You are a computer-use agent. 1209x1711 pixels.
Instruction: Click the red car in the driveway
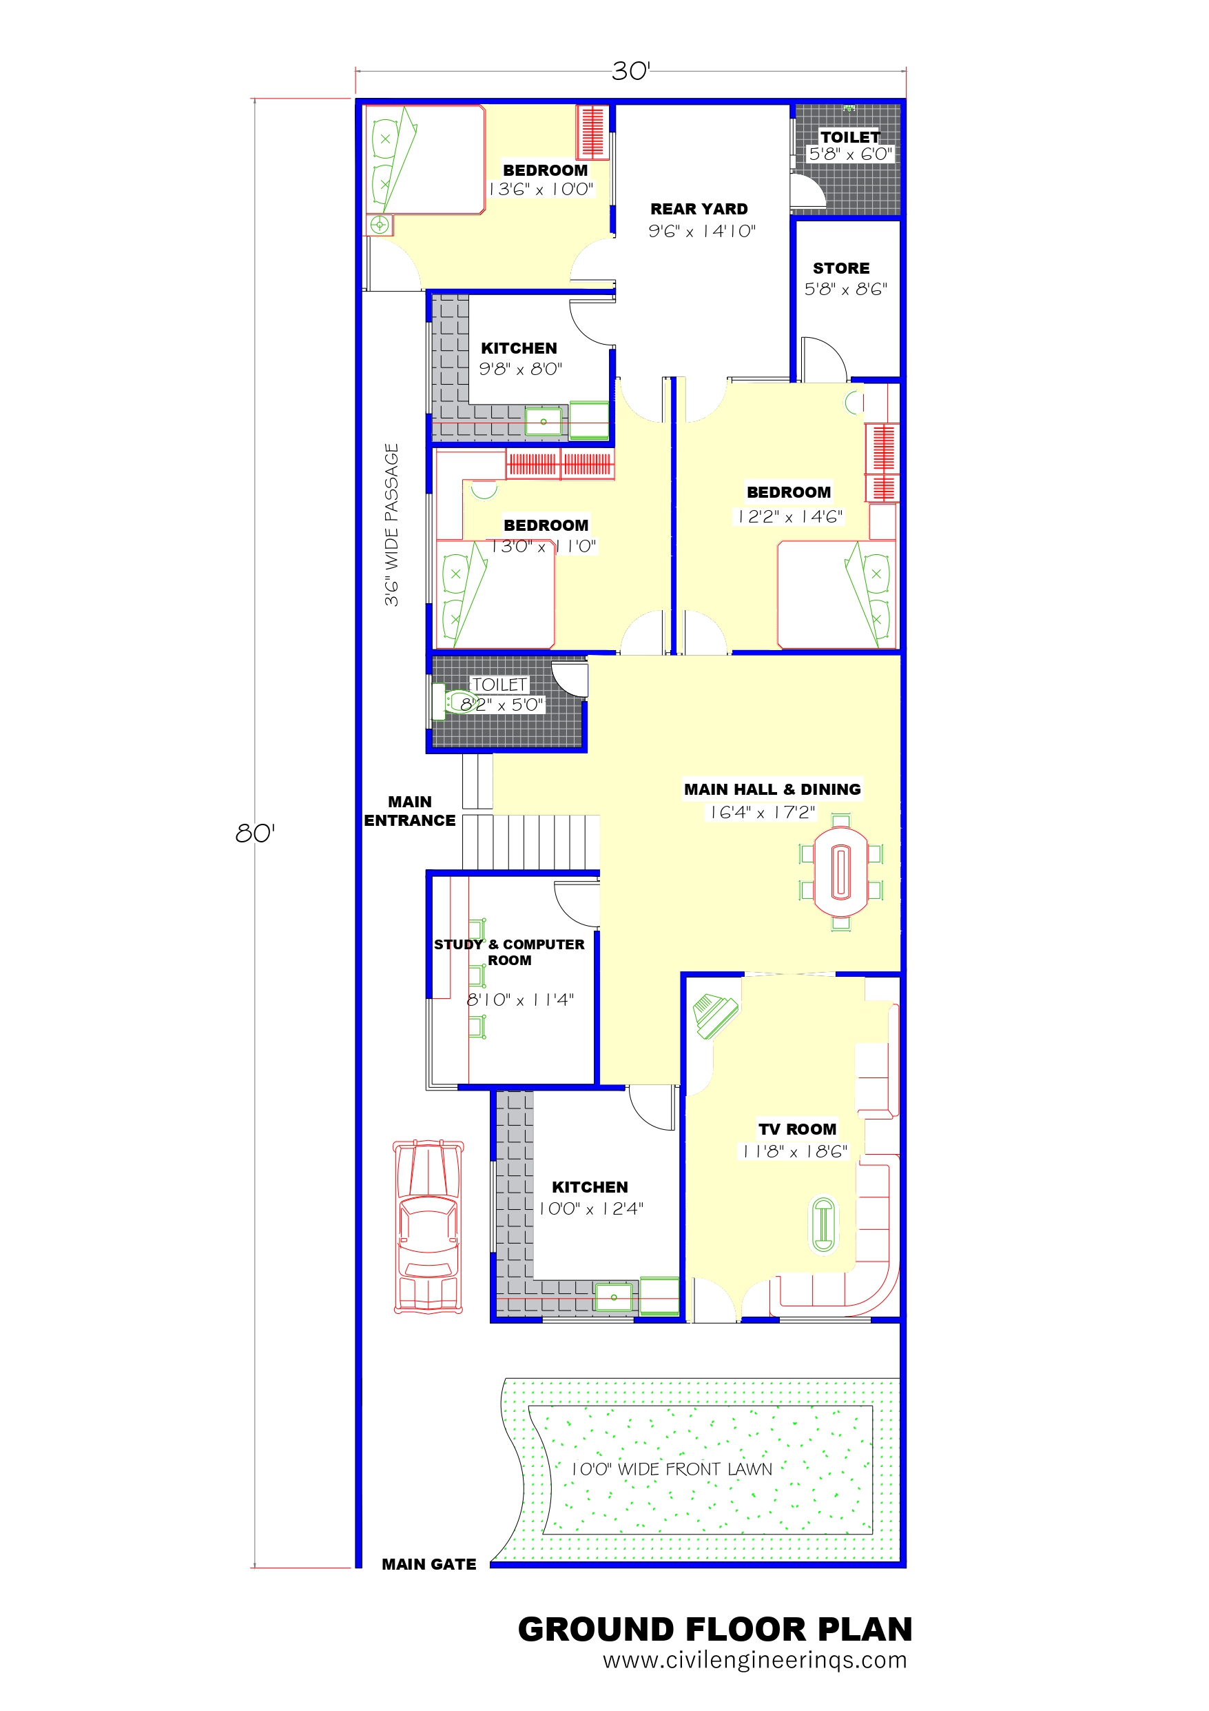tap(428, 1226)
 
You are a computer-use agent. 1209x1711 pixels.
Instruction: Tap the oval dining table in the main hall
tap(841, 872)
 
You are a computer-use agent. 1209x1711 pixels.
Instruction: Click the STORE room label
tap(841, 268)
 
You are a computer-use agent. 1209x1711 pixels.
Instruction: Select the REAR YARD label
tap(699, 210)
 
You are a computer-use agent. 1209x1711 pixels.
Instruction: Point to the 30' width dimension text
tap(631, 72)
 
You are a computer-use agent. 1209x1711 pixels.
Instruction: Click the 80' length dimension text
tap(255, 833)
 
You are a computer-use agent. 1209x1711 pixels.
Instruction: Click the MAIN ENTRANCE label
tap(410, 811)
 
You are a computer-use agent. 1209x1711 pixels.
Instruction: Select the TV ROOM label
tap(797, 1129)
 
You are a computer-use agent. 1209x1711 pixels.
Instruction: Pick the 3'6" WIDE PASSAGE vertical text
tap(392, 525)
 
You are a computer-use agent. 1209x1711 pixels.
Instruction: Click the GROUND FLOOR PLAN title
tap(715, 1629)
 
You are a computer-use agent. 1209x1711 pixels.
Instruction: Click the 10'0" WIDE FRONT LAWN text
tap(672, 1470)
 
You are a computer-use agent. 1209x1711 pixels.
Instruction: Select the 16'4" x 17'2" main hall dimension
tap(763, 812)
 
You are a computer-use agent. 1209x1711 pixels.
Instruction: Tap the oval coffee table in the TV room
tap(823, 1224)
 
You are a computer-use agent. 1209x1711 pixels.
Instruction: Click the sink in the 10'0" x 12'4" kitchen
tap(614, 1297)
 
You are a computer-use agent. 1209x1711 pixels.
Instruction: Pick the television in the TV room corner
tap(715, 1015)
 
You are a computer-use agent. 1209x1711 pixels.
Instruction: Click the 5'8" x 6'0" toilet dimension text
tap(851, 154)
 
